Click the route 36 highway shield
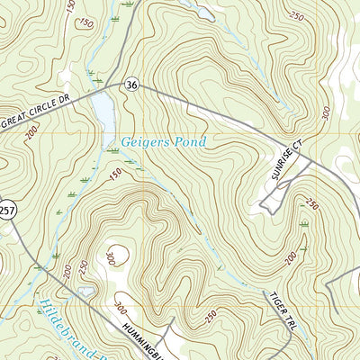[x=132, y=85]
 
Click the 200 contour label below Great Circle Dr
[x=32, y=132]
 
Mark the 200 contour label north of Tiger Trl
[x=291, y=258]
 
